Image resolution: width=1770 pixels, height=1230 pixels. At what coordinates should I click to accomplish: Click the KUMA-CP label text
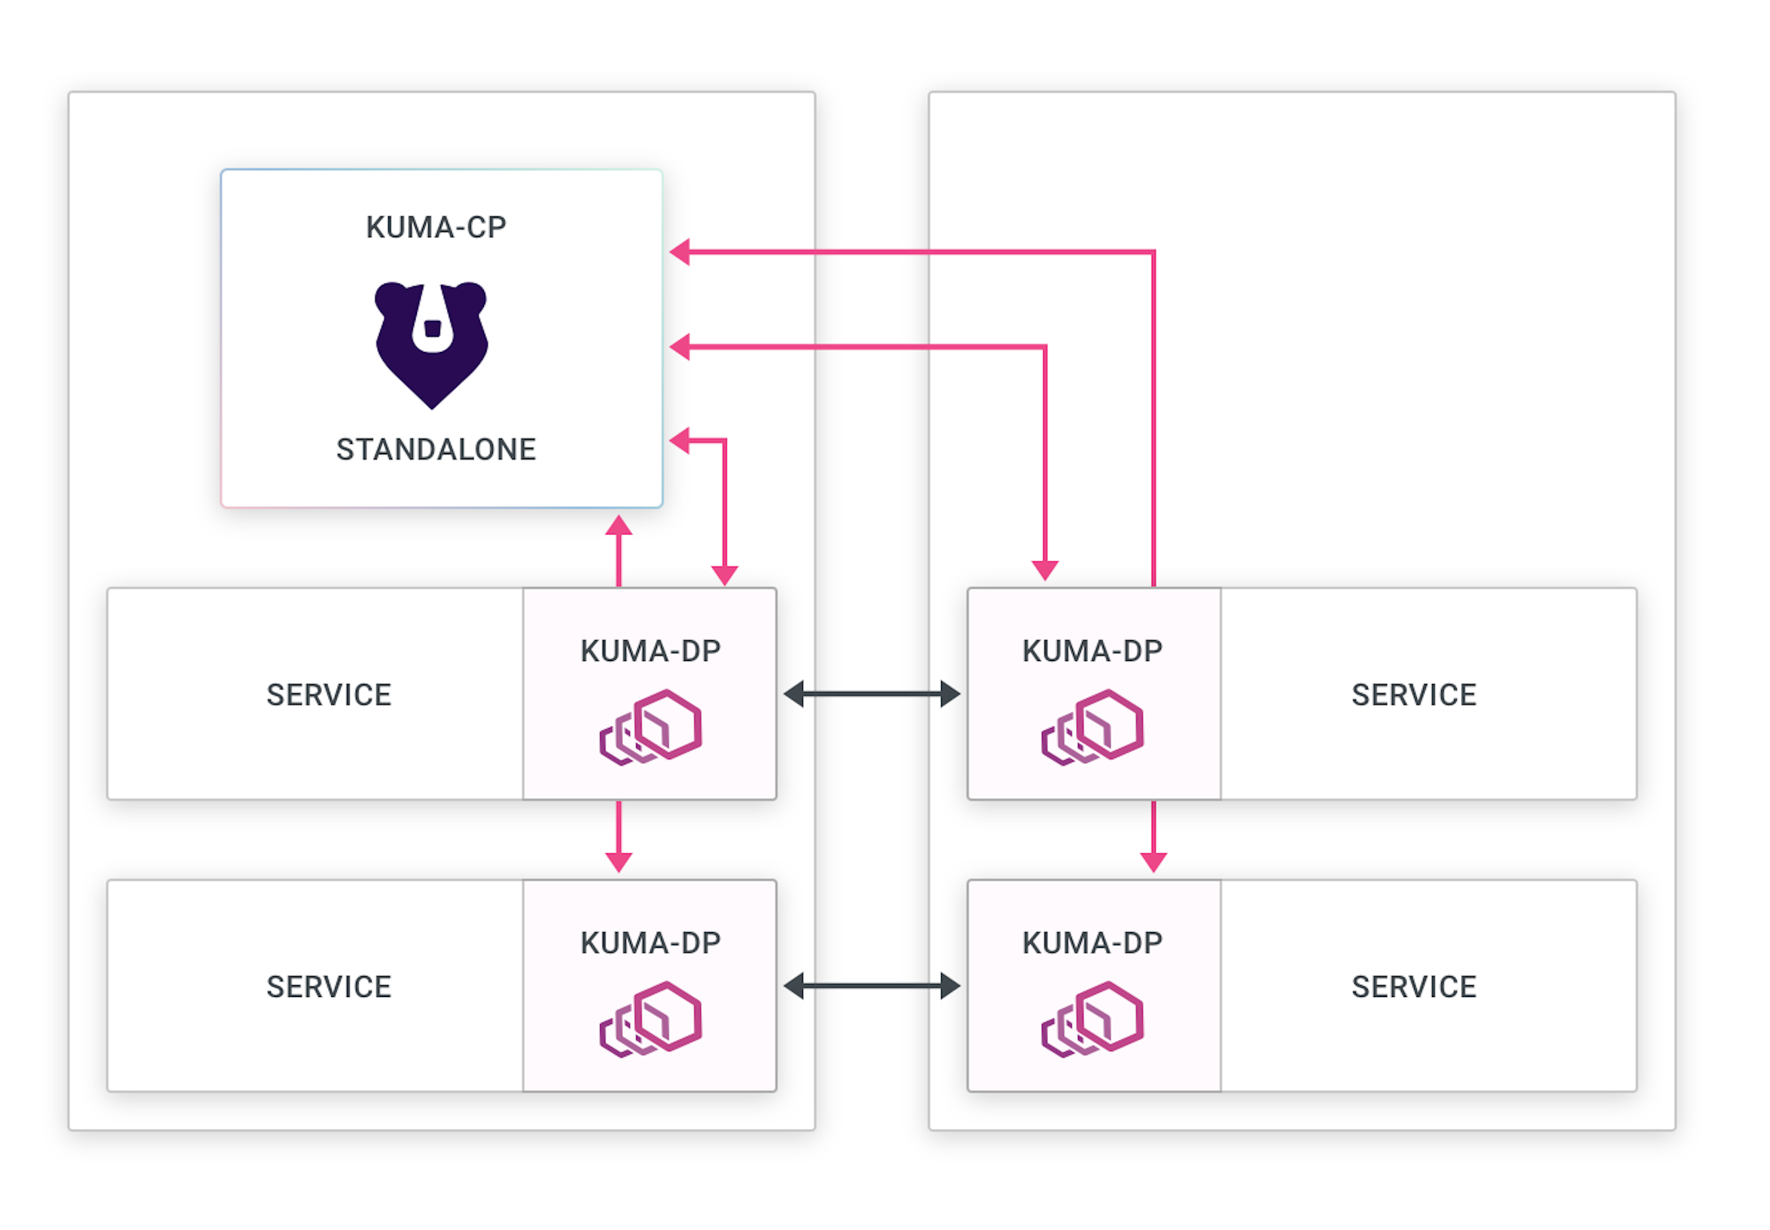coord(436,227)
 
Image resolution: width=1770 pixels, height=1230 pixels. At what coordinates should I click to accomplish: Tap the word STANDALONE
coord(436,449)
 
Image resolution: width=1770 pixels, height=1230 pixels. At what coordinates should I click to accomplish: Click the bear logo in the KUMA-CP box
coord(431,343)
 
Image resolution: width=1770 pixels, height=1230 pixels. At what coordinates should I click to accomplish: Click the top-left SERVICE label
coord(329,695)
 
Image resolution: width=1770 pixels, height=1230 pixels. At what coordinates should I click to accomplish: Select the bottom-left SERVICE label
coord(329,987)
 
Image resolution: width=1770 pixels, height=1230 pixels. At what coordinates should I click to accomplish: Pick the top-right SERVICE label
coord(1413,695)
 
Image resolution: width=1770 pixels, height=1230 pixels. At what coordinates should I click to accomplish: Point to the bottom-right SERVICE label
coord(1413,987)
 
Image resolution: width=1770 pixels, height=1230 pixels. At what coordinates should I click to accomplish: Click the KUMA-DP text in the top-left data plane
coord(651,651)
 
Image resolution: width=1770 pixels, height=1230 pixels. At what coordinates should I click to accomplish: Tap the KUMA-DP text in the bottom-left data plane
coord(651,943)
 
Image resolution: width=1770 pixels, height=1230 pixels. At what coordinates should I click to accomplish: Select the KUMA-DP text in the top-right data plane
coord(1092,651)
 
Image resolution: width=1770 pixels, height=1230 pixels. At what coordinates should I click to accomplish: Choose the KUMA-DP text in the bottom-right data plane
coord(1092,943)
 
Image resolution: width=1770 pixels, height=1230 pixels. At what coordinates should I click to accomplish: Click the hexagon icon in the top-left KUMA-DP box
coord(651,727)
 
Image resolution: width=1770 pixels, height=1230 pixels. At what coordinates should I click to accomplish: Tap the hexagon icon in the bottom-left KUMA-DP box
coord(651,1019)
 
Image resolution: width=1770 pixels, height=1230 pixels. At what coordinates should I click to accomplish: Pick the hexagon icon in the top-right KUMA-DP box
coord(1092,727)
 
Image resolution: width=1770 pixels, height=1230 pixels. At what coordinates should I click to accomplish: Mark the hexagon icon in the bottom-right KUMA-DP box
coord(1092,1019)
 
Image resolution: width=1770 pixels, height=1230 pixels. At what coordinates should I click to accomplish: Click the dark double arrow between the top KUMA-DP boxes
coord(871,693)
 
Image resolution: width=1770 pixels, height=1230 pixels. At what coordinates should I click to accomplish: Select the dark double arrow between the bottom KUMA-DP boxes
coord(871,986)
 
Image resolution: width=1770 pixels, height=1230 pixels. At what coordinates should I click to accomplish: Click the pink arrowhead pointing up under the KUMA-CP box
coord(619,526)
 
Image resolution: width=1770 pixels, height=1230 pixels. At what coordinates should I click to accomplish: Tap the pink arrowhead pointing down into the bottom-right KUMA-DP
coord(1153,861)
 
